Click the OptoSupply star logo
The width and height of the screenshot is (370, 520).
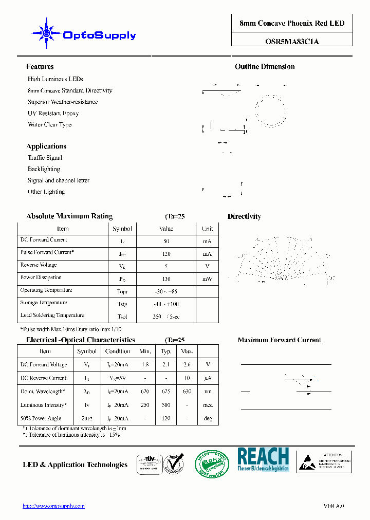(47, 34)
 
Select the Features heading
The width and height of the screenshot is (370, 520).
(40, 67)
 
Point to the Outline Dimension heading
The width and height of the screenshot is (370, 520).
(265, 67)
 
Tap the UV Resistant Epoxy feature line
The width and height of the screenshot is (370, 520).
(53, 113)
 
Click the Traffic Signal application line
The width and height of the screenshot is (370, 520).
(45, 158)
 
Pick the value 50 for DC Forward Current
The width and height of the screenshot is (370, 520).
(166, 241)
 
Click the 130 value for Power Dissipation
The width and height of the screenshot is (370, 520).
(166, 278)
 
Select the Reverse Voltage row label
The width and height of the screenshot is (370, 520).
(39, 265)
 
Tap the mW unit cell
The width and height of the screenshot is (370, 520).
(207, 278)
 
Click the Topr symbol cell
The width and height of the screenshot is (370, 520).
(122, 291)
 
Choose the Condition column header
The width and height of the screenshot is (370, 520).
(118, 351)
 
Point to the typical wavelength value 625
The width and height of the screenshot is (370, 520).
(166, 392)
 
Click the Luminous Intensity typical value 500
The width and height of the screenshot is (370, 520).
(166, 405)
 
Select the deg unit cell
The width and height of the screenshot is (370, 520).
(208, 418)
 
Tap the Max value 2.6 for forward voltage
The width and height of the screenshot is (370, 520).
(187, 365)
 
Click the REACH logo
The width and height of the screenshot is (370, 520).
(263, 459)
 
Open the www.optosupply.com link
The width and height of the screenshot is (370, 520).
(53, 506)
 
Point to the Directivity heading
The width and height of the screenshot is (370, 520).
(244, 217)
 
